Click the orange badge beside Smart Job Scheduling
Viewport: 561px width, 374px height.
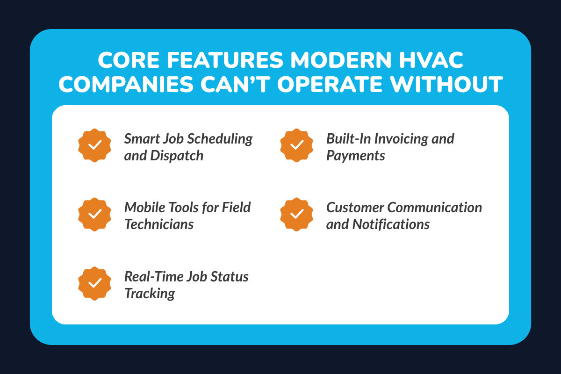(95, 145)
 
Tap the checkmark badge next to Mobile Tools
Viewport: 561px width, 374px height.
(95, 214)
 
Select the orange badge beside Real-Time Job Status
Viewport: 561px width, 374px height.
(95, 283)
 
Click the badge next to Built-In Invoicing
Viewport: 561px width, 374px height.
(297, 145)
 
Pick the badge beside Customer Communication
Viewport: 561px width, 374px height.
(297, 214)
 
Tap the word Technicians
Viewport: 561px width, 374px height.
(159, 224)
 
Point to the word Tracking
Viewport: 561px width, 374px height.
(150, 293)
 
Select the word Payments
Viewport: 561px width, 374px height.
(355, 155)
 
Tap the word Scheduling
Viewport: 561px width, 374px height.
(224, 139)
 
